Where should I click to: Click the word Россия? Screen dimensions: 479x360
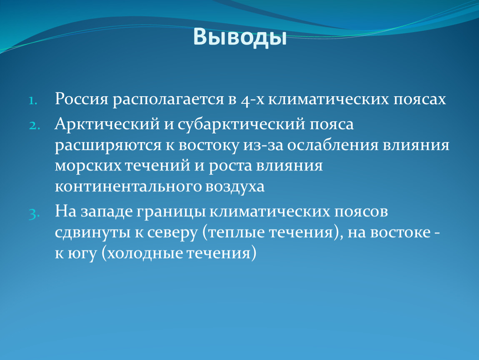82,99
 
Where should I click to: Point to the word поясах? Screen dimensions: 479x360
419,100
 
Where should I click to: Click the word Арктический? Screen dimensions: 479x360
107,125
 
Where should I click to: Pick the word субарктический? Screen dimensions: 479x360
241,125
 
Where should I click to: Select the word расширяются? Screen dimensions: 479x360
108,146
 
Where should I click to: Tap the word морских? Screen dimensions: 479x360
88,166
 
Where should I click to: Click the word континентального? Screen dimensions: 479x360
128,186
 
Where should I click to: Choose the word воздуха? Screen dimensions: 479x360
235,187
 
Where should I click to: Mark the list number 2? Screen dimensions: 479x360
35,125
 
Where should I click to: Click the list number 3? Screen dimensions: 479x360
34,213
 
